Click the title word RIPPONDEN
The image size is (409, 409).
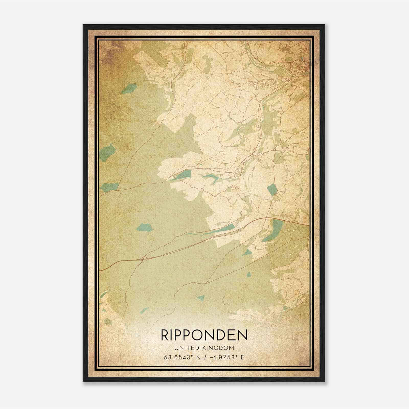tap(204, 335)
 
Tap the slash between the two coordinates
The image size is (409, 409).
tap(204, 357)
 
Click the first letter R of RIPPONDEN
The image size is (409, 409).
tap(164, 335)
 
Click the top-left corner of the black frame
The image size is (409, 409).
tap(83, 25)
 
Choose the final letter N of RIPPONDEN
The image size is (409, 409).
tap(243, 335)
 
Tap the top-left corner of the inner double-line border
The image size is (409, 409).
tap(95, 37)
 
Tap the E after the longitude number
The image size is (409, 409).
tap(243, 357)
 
